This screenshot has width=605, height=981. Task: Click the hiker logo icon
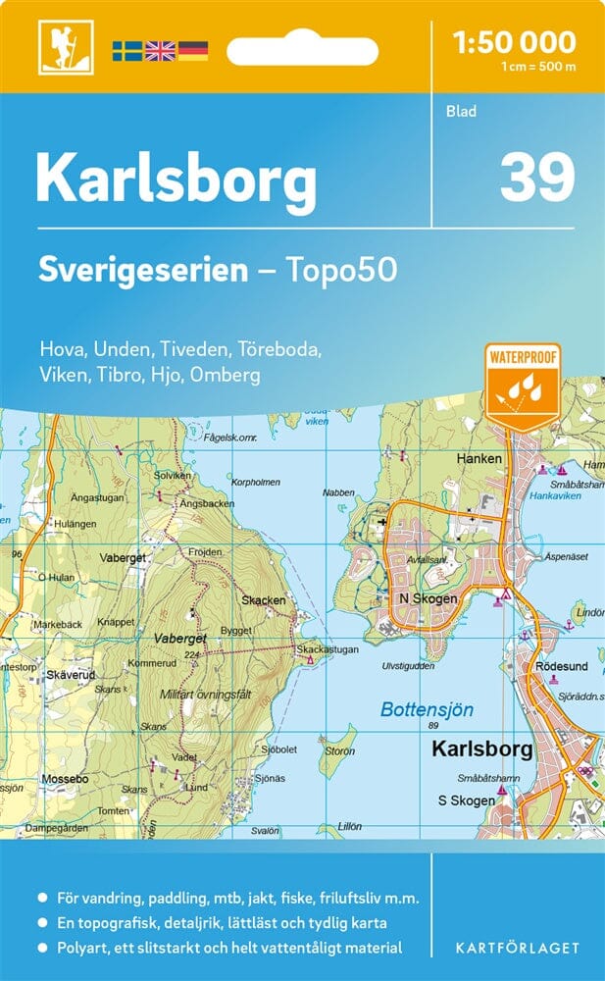pyautogui.click(x=57, y=46)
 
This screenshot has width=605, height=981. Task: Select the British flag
pyautogui.click(x=159, y=50)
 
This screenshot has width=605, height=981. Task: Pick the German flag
pyautogui.click(x=192, y=50)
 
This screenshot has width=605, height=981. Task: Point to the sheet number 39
pyautogui.click(x=536, y=178)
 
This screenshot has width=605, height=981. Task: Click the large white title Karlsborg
pyautogui.click(x=176, y=181)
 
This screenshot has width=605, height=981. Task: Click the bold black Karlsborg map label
pyautogui.click(x=482, y=749)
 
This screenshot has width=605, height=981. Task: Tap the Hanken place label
pyautogui.click(x=479, y=458)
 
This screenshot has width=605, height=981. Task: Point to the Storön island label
pyautogui.click(x=339, y=752)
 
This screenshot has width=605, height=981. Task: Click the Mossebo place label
pyautogui.click(x=66, y=779)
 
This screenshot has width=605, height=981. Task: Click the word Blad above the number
pyautogui.click(x=460, y=111)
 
